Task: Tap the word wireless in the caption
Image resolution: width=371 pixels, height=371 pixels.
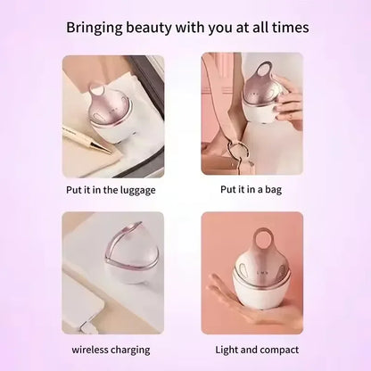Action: (x=92, y=349)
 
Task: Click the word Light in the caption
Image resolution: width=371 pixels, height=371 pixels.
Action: (x=230, y=349)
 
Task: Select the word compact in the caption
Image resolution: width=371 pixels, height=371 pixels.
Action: (x=279, y=349)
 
